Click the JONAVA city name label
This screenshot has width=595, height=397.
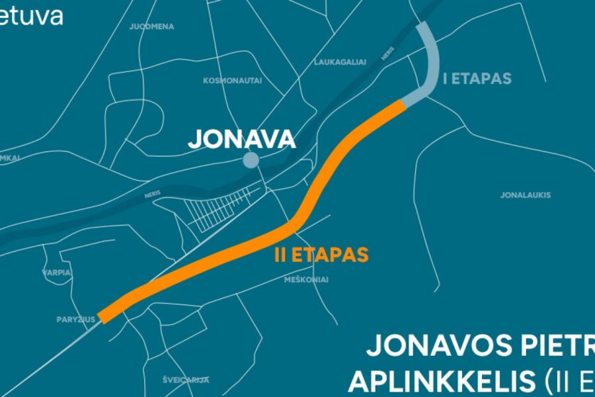pyautogui.click(x=241, y=139)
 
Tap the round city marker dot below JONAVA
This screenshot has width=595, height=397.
pyautogui.click(x=251, y=159)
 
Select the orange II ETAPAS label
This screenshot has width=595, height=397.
pyautogui.click(x=321, y=255)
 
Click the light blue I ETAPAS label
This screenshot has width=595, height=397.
pyautogui.click(x=477, y=79)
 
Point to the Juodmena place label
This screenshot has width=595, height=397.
pyautogui.click(x=151, y=26)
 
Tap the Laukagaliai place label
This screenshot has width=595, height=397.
pyautogui.click(x=340, y=62)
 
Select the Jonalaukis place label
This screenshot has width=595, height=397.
pyautogui.click(x=526, y=195)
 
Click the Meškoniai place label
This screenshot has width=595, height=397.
pyautogui.click(x=305, y=280)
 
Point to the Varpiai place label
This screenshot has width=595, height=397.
pyautogui.click(x=57, y=272)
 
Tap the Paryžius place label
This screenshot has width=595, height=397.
pyautogui.click(x=76, y=319)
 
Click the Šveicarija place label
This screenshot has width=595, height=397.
pyautogui.click(x=186, y=380)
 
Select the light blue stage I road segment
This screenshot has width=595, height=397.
pyautogui.click(x=432, y=64)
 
